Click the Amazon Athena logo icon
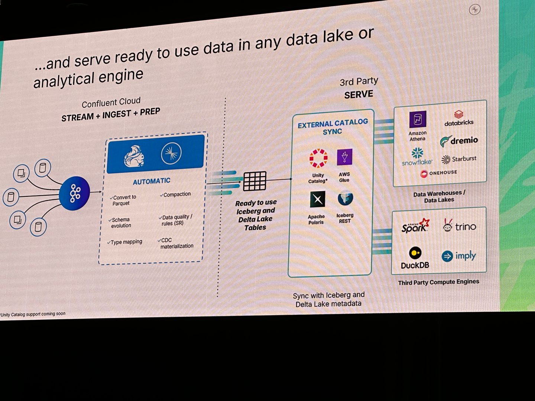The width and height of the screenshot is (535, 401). click(x=418, y=120)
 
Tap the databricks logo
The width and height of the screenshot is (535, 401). click(x=459, y=118)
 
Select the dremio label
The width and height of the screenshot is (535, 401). click(x=464, y=141)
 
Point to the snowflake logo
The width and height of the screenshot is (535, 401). click(x=417, y=157)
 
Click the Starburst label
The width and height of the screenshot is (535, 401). click(x=464, y=159)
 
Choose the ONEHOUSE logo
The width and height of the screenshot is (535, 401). click(x=438, y=173)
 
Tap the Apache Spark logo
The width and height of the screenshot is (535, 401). click(x=415, y=226)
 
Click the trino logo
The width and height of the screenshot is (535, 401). click(x=460, y=226)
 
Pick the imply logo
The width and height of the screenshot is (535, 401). click(x=459, y=256)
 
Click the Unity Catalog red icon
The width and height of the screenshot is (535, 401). click(x=318, y=159)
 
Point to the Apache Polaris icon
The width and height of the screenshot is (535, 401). click(x=317, y=199)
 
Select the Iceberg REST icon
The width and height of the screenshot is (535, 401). click(x=345, y=198)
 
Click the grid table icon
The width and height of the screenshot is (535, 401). click(x=254, y=181)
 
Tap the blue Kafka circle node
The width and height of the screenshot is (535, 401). click(x=75, y=193)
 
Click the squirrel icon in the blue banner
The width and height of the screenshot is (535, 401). click(x=134, y=156)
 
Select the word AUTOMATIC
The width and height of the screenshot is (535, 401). click(x=152, y=181)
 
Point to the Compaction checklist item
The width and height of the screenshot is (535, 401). click(x=177, y=194)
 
